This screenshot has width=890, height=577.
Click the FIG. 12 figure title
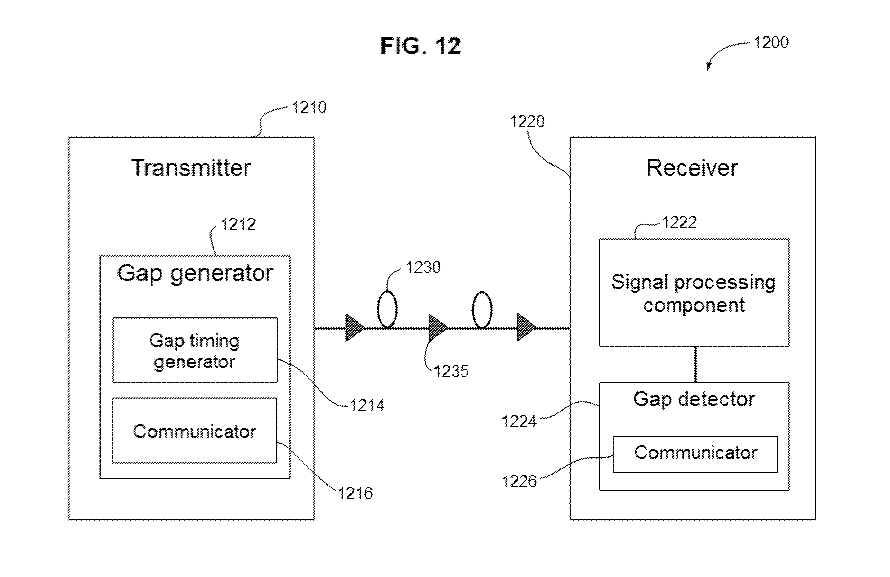tap(420, 46)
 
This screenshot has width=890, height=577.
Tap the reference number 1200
tap(771, 42)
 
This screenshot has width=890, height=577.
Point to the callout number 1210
tap(309, 107)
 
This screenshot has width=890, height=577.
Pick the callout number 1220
tap(527, 121)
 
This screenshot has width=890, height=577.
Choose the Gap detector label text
tap(694, 399)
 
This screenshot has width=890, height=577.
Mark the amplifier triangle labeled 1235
tap(437, 328)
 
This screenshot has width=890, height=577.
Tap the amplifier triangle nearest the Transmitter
tap(355, 328)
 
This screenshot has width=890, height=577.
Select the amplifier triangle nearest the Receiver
tap(527, 327)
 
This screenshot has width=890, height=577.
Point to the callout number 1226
tap(519, 481)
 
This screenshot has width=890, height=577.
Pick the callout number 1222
tap(679, 222)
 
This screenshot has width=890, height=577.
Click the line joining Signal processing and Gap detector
tap(695, 364)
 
